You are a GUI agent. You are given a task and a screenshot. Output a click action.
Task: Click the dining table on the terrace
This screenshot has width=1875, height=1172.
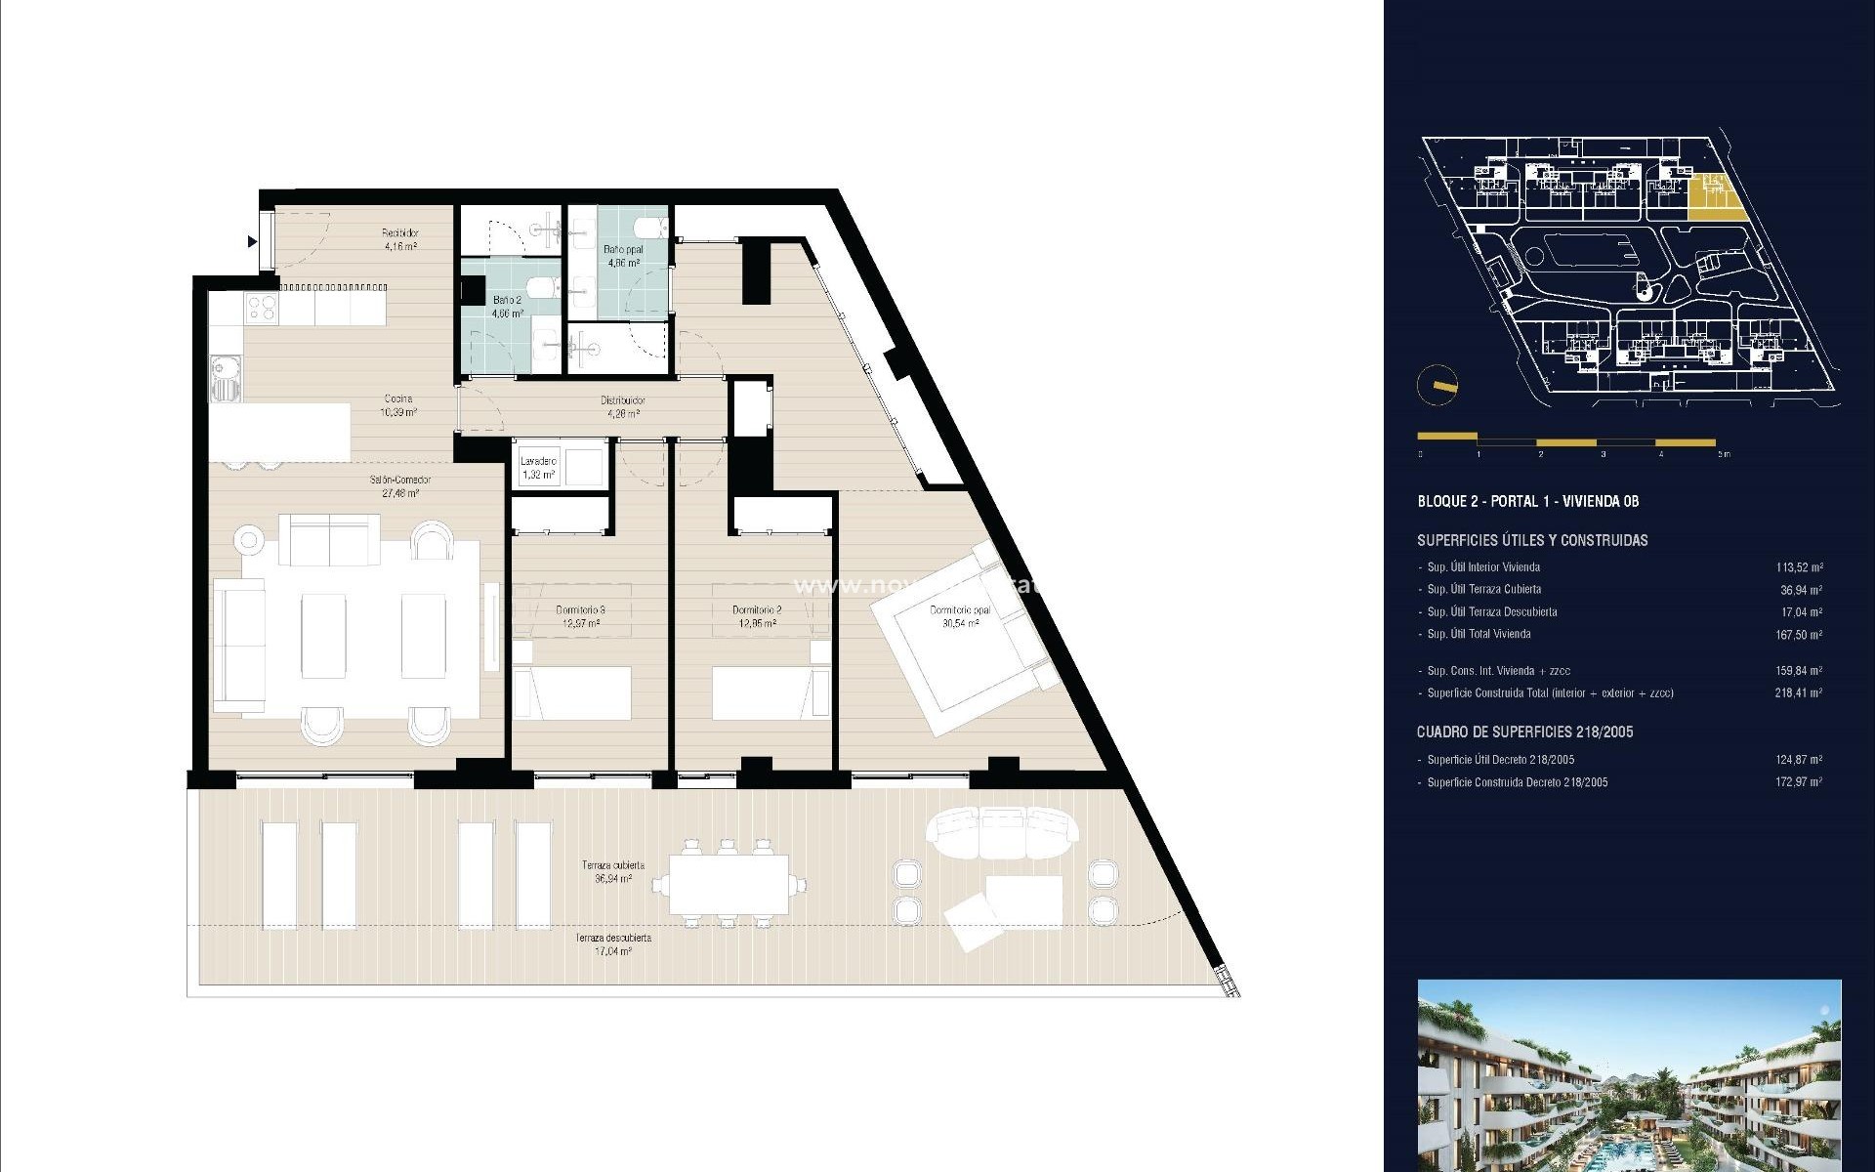click(x=729, y=885)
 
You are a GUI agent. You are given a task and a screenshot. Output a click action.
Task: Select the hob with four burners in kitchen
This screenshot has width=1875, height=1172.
click(x=261, y=310)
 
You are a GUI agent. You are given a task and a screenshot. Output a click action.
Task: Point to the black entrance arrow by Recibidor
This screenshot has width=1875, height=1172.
click(x=253, y=241)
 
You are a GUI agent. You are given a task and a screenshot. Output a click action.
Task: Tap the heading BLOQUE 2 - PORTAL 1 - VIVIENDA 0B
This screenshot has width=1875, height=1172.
click(x=1527, y=501)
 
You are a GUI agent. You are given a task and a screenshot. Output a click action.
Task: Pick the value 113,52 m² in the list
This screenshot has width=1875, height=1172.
click(x=1799, y=567)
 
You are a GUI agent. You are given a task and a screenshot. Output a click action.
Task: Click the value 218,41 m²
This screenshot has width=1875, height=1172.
click(x=1799, y=693)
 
